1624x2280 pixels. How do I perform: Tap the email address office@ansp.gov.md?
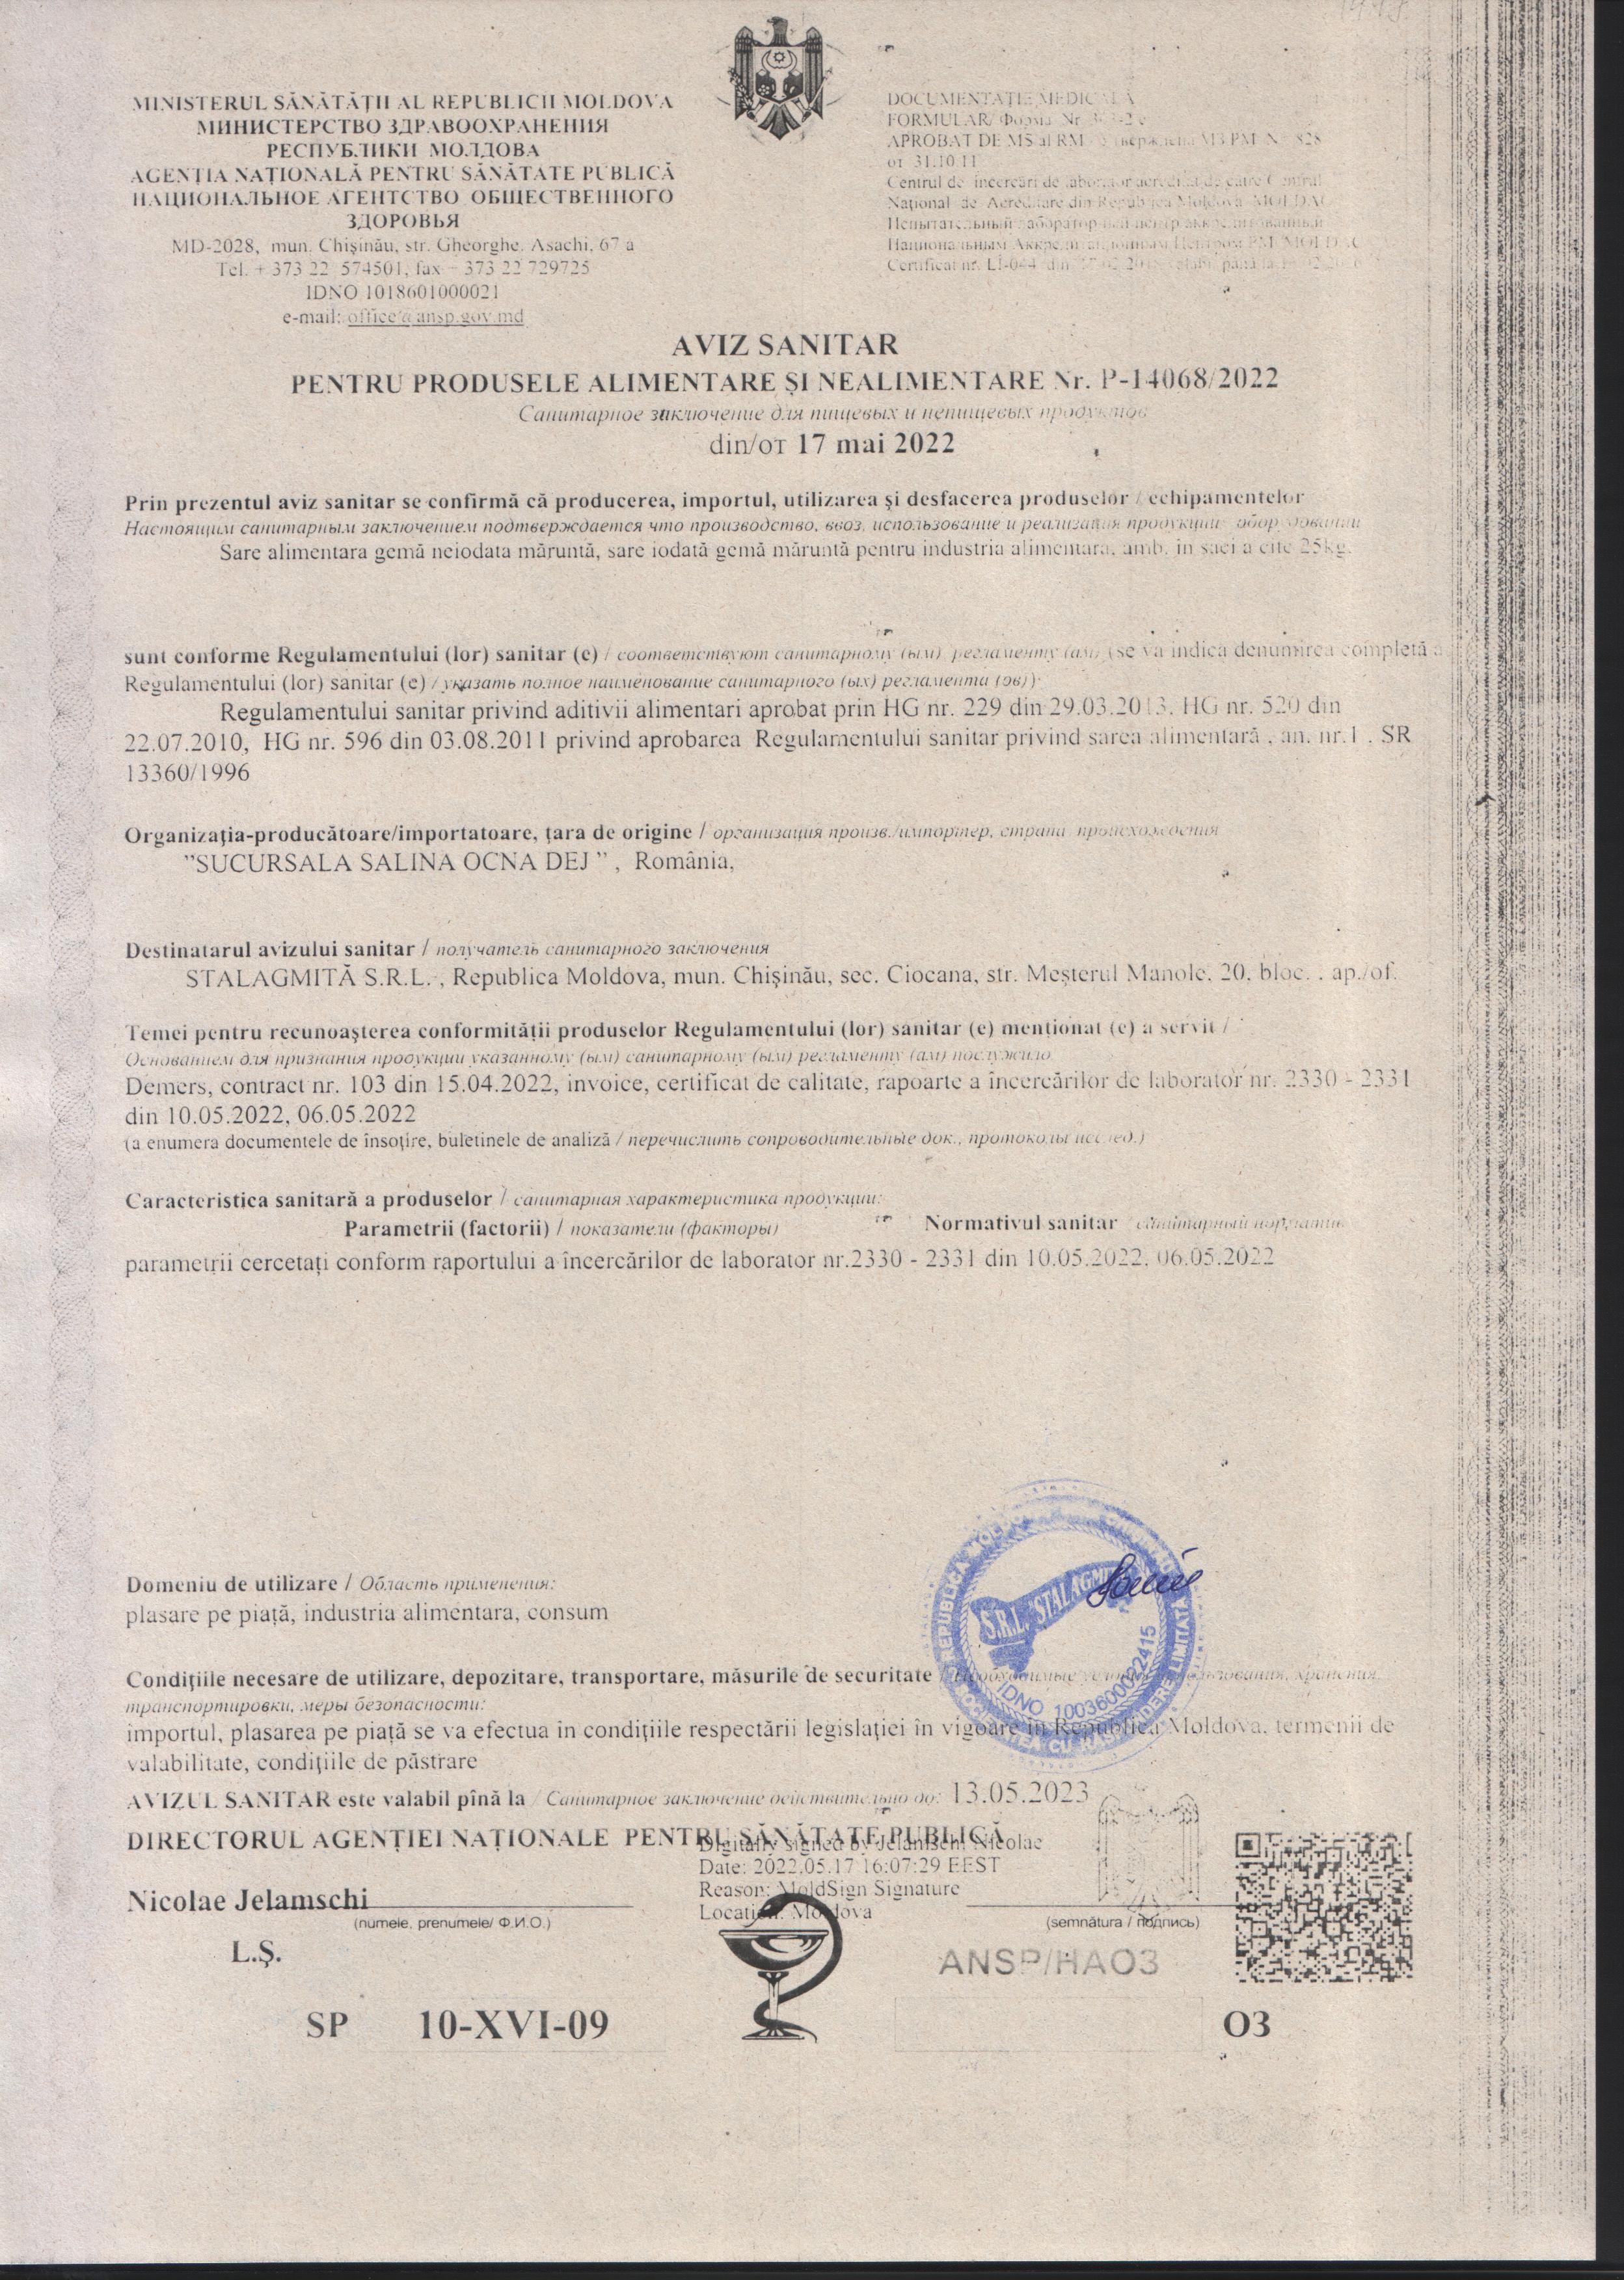pyautogui.click(x=435, y=316)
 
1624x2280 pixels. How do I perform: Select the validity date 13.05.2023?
pyautogui.click(x=1021, y=1790)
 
